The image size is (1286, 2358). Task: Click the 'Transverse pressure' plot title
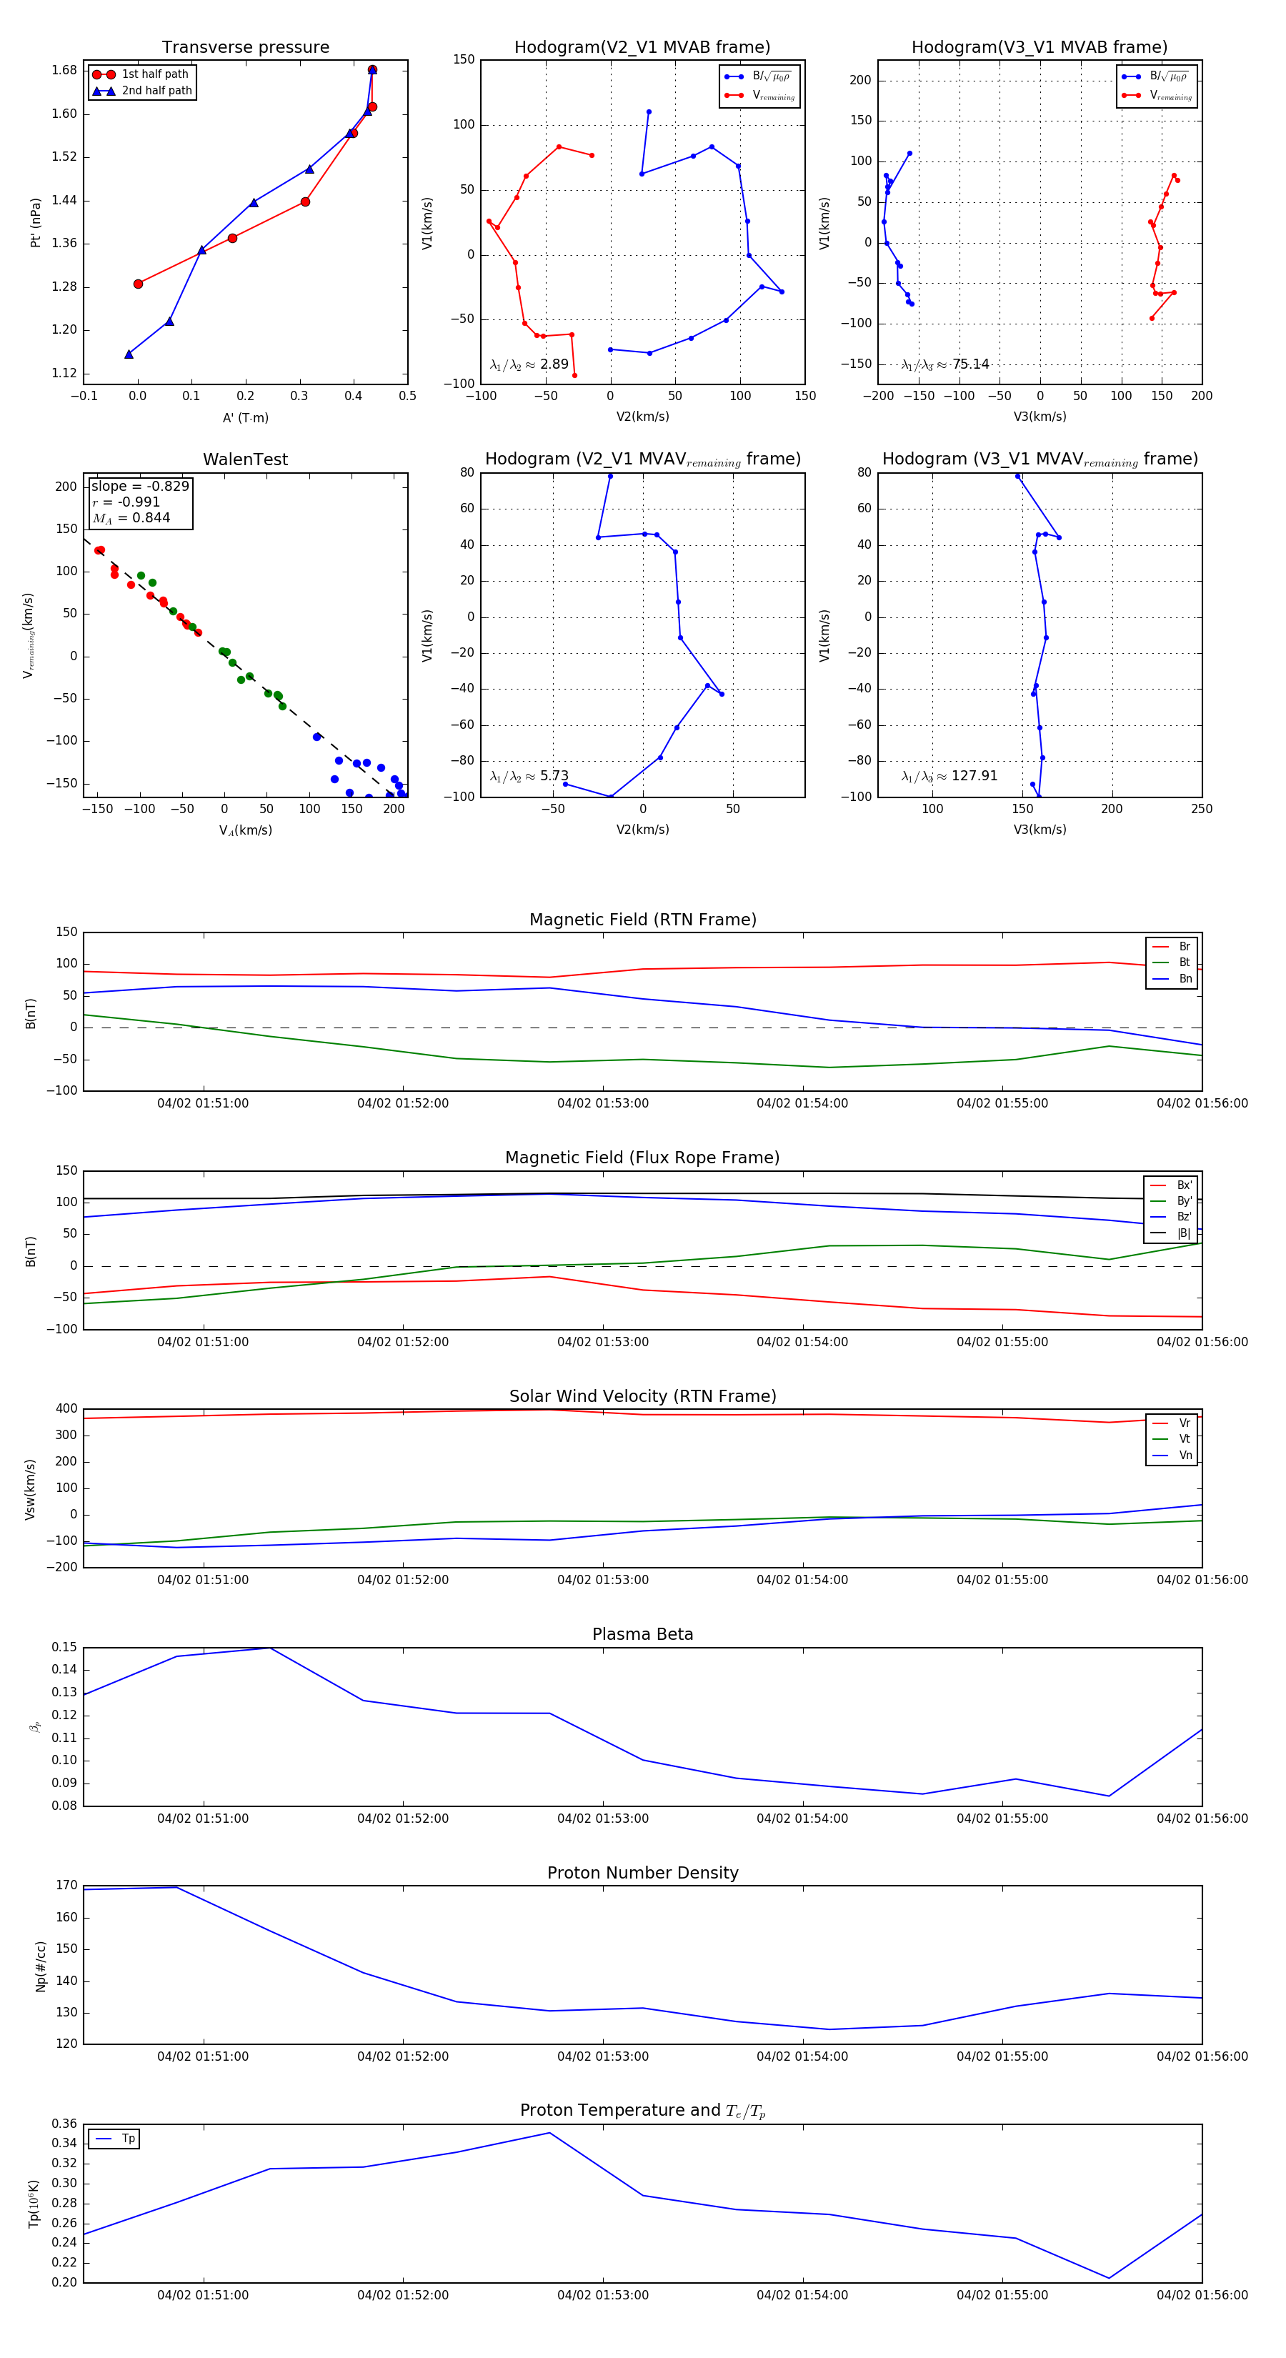[x=245, y=48]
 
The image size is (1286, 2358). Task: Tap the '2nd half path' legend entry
[x=156, y=91]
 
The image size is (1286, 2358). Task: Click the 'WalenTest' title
[x=245, y=459]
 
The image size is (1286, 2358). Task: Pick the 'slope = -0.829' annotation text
[x=140, y=486]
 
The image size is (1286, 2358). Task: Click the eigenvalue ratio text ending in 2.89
[x=529, y=364]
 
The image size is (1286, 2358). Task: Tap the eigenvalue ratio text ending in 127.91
[x=949, y=776]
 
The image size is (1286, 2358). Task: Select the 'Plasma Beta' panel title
[x=642, y=1634]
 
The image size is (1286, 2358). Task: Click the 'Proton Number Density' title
[x=642, y=1872]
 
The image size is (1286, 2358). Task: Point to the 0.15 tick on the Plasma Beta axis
[x=64, y=1647]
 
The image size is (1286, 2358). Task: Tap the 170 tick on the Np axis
[x=67, y=1885]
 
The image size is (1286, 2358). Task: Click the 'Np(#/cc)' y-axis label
[x=40, y=1965]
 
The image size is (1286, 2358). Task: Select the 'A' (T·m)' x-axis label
[x=245, y=417]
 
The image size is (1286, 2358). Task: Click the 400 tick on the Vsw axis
[x=67, y=1409]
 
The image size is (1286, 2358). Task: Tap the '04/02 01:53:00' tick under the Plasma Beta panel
[x=602, y=1818]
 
